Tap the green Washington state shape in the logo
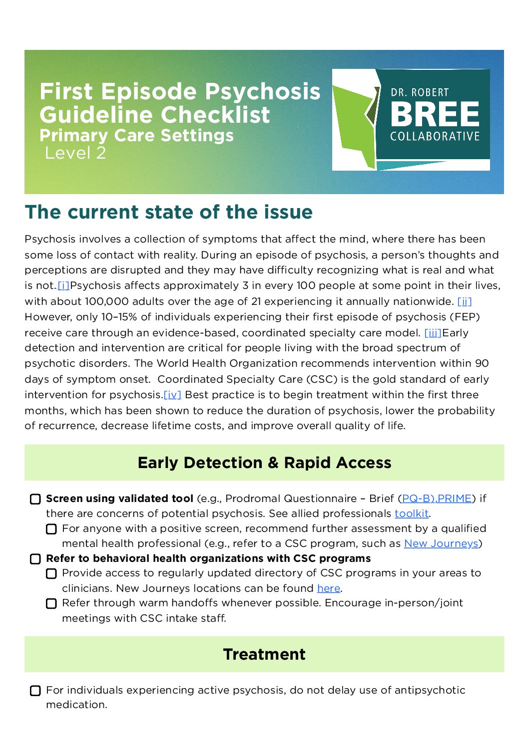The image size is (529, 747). tap(355, 125)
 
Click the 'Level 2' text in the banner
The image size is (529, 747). tap(75, 153)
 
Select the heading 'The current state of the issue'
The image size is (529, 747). tap(168, 212)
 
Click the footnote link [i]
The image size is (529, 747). tap(63, 286)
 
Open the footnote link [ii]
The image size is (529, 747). tap(464, 301)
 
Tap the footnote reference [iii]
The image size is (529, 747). tap(433, 333)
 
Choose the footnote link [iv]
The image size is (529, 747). tap(172, 395)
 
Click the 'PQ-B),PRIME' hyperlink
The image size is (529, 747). tap(437, 498)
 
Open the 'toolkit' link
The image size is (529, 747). tap(412, 513)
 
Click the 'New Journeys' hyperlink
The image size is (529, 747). tap(441, 543)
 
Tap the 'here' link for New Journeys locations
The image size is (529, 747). tap(329, 588)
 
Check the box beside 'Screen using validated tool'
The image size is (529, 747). tap(35, 499)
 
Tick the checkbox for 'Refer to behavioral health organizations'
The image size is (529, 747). tap(35, 559)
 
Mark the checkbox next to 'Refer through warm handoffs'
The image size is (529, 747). tap(51, 604)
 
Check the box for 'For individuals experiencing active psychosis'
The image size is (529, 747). tap(35, 691)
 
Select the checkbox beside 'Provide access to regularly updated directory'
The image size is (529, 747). tap(51, 574)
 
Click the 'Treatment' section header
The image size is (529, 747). tap(264, 654)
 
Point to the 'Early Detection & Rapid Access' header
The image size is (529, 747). tap(264, 463)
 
